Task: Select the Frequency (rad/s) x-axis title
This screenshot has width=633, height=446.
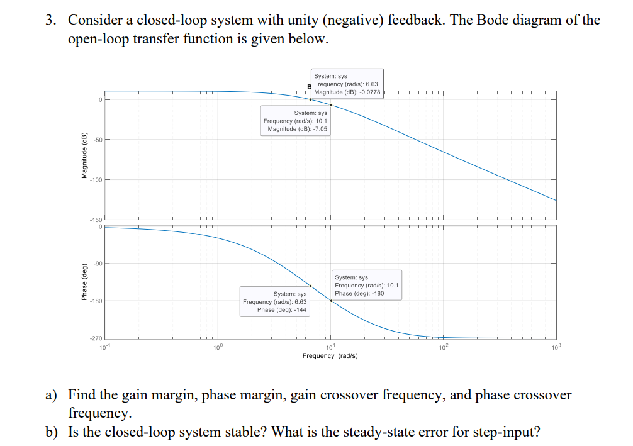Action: coord(330,356)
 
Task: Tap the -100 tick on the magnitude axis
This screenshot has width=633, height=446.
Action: coord(95,180)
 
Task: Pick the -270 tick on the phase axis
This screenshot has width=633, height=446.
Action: coord(95,339)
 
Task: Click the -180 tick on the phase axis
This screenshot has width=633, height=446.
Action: coord(95,301)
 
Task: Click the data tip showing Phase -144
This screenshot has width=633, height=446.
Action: coord(275,301)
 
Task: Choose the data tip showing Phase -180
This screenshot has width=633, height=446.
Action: coord(366,285)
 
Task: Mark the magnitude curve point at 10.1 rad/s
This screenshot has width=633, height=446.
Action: coord(331,105)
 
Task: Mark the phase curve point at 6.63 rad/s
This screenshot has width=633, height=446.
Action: coord(310,286)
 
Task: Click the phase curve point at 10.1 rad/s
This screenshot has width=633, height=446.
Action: coord(331,301)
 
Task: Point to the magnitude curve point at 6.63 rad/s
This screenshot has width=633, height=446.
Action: coord(310,99)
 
